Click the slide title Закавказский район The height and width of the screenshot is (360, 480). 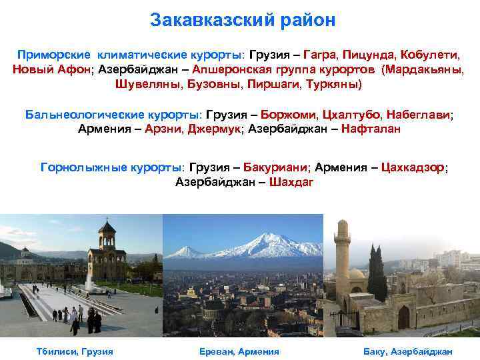pyautogui.click(x=243, y=21)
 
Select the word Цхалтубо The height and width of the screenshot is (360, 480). pyautogui.click(x=353, y=114)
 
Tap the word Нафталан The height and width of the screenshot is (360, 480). pyautogui.click(x=371, y=129)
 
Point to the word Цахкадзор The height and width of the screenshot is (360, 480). pyautogui.click(x=413, y=167)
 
